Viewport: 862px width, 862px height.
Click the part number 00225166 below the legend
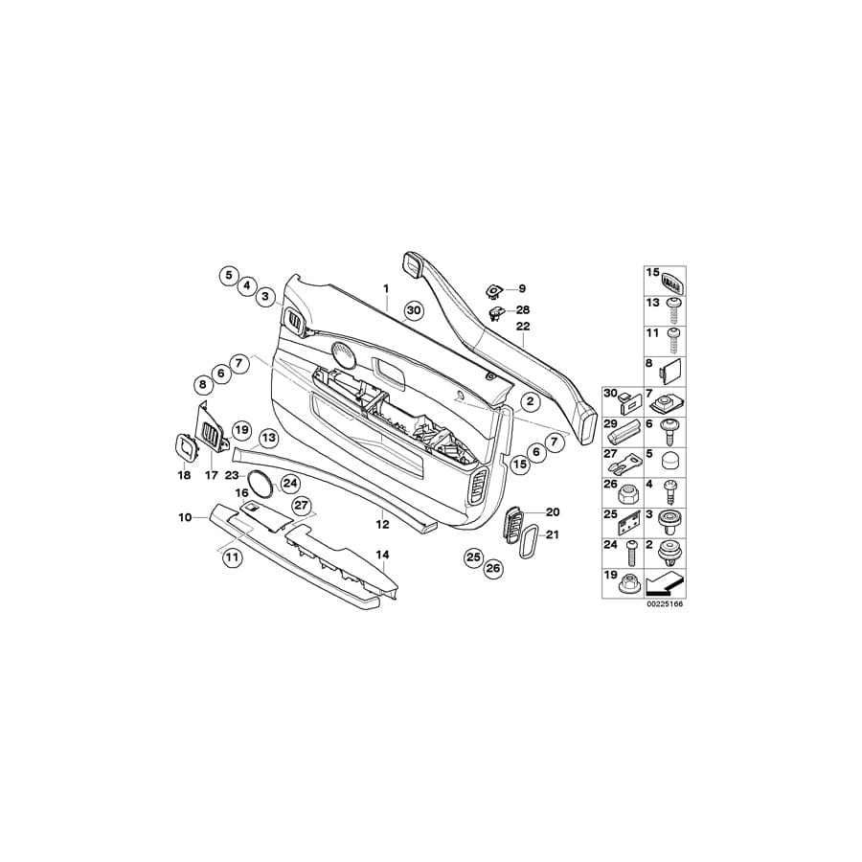coord(664,603)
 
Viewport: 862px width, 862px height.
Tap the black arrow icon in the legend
coord(664,583)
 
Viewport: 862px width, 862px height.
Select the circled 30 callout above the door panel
coord(414,310)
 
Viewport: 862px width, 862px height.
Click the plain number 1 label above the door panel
coord(386,288)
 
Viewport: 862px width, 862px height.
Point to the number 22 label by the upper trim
coord(523,326)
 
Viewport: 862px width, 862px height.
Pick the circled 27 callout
coord(302,506)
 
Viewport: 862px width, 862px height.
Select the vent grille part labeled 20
coord(512,525)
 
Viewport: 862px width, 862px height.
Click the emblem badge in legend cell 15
coord(672,281)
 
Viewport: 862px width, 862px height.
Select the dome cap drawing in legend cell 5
coord(670,460)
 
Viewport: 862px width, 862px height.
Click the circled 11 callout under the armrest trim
coord(233,557)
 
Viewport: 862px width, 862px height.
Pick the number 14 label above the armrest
coord(382,556)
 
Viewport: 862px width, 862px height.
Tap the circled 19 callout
coord(242,430)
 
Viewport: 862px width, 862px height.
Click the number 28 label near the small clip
coord(523,310)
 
